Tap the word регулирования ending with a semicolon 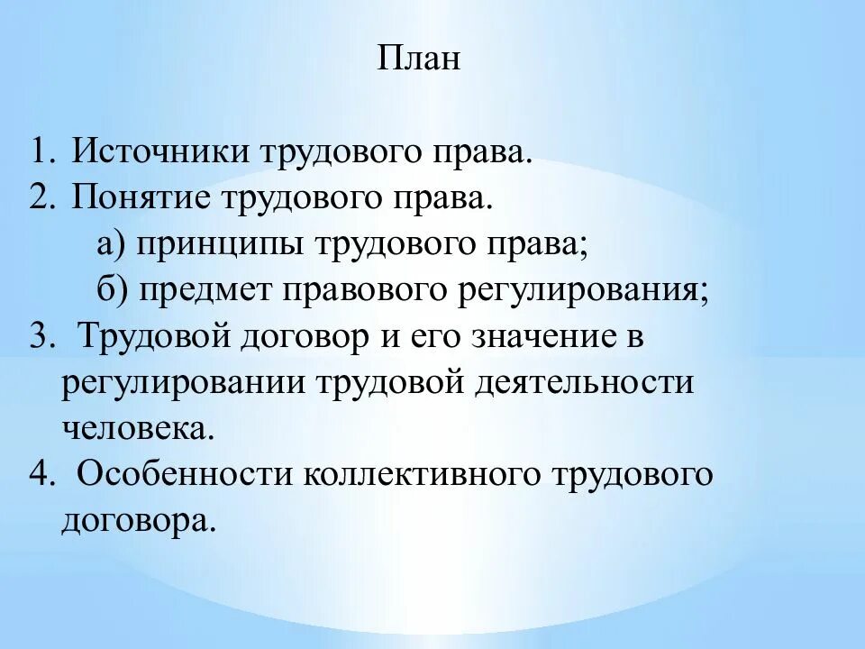[587, 290]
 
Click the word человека [139, 429]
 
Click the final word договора [139, 521]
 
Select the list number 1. [40, 150]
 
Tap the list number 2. [40, 197]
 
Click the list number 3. [40, 337]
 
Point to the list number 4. [40, 474]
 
